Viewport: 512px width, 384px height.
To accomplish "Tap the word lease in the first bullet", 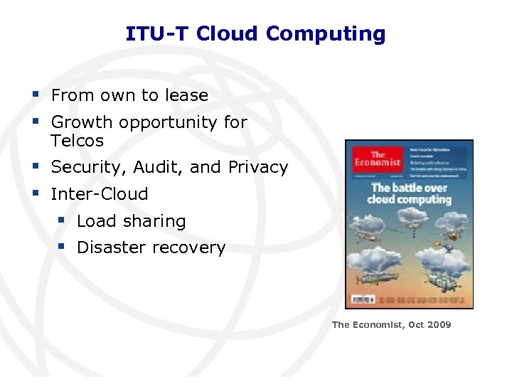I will pos(186,95).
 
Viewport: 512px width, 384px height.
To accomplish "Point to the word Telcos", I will pos(77,141).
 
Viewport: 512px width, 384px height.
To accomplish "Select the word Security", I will pos(84,168).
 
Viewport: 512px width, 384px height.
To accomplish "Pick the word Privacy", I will pos(257,168).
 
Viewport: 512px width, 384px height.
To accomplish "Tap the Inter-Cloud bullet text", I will pos(100,194).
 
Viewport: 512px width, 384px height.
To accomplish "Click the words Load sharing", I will pos(131,221).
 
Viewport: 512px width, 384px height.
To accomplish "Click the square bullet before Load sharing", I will pos(62,220).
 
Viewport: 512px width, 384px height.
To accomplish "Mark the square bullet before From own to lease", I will pos(36,95).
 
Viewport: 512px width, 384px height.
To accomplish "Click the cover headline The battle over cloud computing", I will pos(409,193).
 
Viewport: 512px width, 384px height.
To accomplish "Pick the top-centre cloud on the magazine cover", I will pos(416,224).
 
